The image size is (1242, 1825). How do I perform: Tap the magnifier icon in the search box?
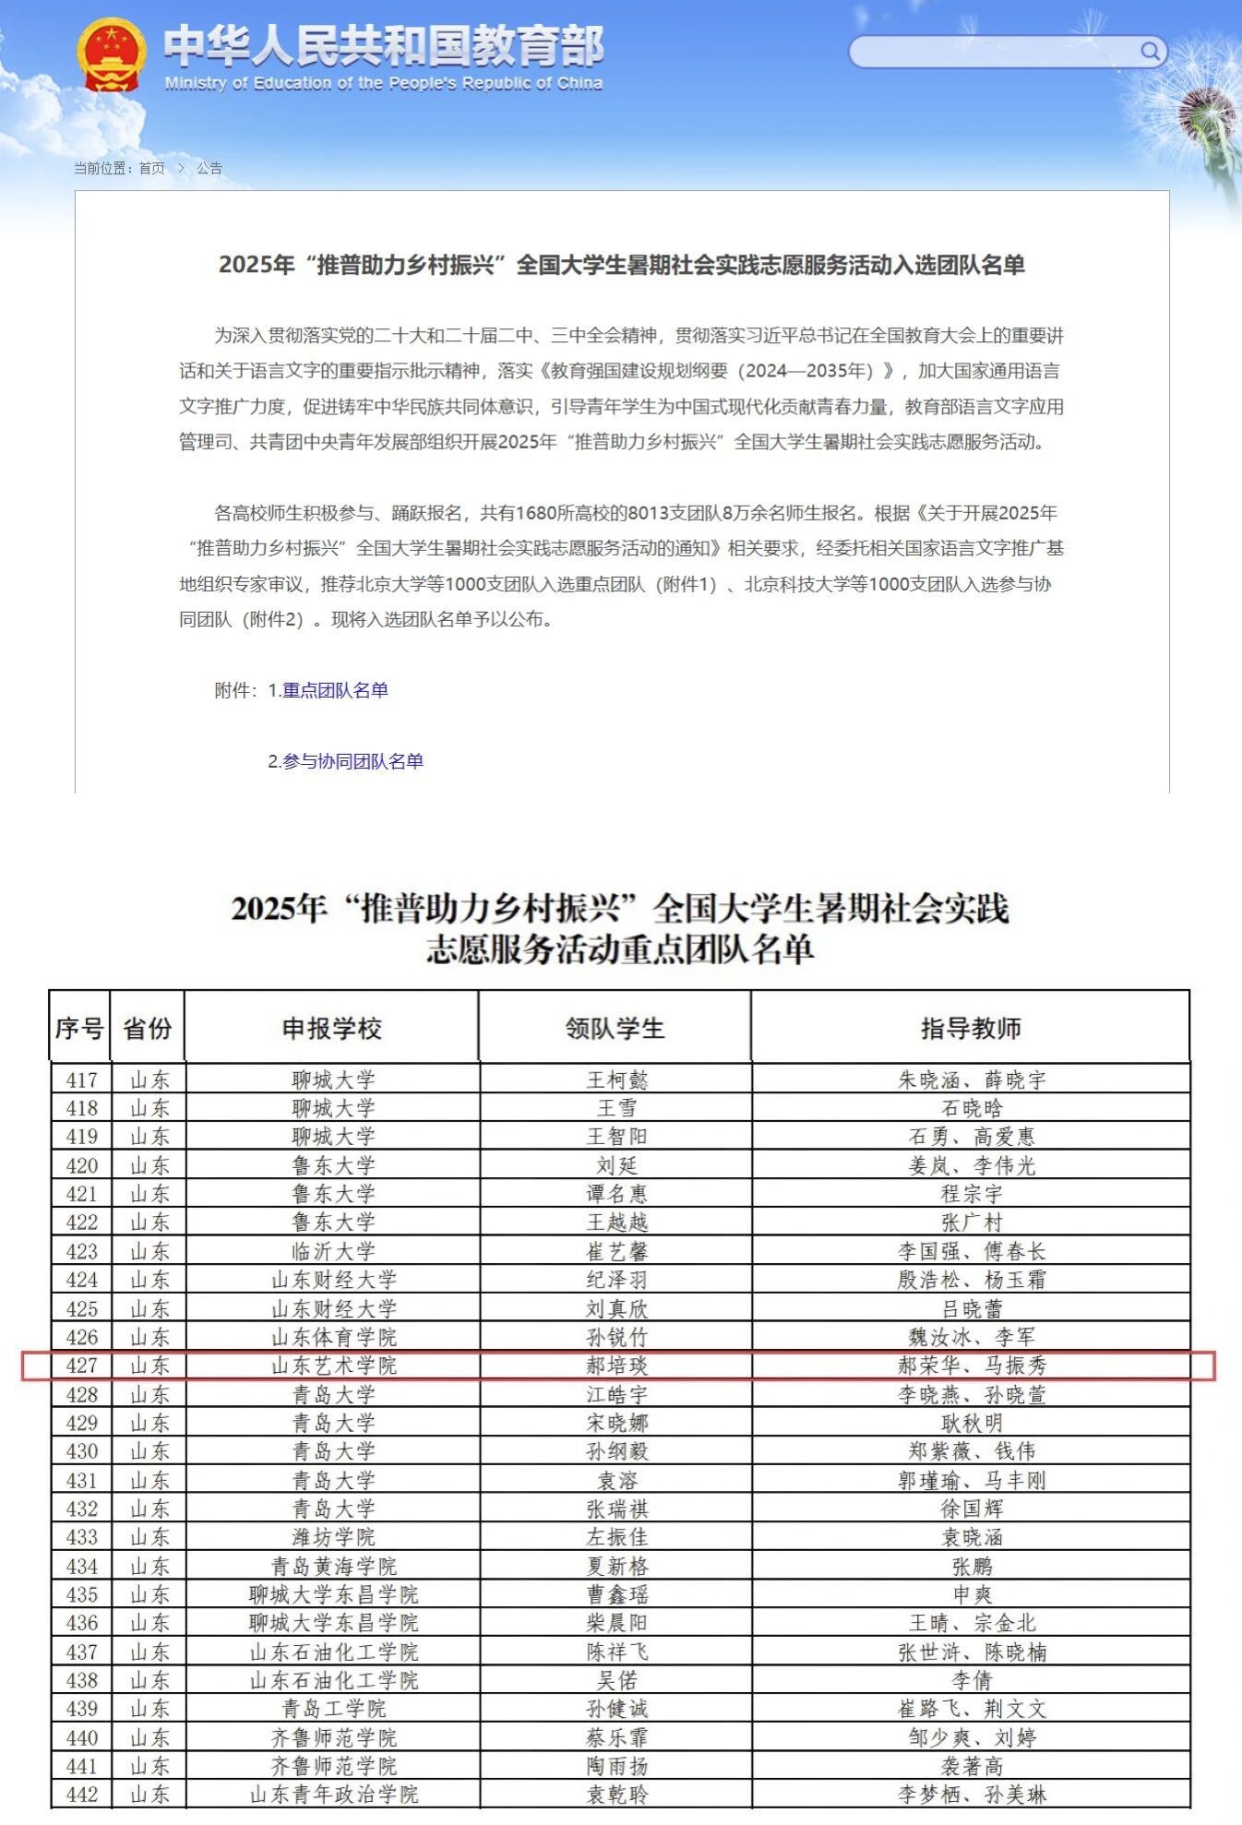coord(1150,51)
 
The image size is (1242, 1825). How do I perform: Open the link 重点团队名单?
coord(335,690)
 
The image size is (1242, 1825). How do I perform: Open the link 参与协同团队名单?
coord(352,761)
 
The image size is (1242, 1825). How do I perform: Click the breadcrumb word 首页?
coord(151,168)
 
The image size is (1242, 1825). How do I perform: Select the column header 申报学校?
coord(331,1028)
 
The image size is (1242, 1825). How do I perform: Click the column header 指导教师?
coord(971,1028)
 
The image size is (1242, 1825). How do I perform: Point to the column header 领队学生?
coord(615,1028)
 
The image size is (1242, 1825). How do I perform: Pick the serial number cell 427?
coord(81,1366)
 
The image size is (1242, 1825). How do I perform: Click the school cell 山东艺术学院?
coord(333,1366)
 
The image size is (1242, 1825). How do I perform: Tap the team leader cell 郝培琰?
coord(616,1366)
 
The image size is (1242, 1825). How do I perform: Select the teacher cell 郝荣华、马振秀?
coord(972,1366)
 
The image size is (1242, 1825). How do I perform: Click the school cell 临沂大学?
coord(333,1251)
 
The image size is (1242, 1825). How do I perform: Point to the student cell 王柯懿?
coord(616,1079)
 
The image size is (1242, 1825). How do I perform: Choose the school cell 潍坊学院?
coord(333,1537)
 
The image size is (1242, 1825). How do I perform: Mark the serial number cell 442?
coord(81,1794)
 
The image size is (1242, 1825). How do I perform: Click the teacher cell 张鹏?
coord(972,1566)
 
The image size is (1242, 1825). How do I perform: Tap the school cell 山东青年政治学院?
coord(333,1794)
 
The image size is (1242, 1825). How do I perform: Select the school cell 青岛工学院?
coord(333,1709)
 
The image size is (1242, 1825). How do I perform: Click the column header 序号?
coord(79,1028)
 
